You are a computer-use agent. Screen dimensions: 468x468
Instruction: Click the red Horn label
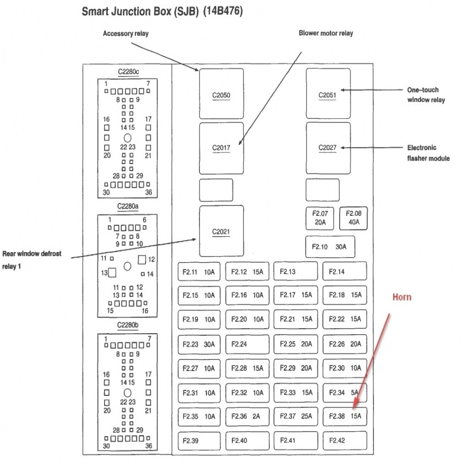pyautogui.click(x=401, y=297)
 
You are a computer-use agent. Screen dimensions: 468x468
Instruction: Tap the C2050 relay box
pyautogui.click(x=221, y=94)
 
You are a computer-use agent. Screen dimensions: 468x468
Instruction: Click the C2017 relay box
pyautogui.click(x=221, y=148)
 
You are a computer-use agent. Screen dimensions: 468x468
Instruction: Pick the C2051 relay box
pyautogui.click(x=328, y=94)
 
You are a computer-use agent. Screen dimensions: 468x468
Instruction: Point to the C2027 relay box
pyautogui.click(x=328, y=148)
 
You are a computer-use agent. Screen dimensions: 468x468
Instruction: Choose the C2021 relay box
pyautogui.click(x=221, y=231)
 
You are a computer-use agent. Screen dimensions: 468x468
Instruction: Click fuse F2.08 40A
pyautogui.click(x=354, y=218)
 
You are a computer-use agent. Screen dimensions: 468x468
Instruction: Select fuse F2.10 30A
pyautogui.click(x=329, y=247)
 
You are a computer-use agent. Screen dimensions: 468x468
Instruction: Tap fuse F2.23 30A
pyautogui.click(x=199, y=344)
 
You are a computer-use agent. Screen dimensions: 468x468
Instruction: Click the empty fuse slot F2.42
pyautogui.click(x=345, y=440)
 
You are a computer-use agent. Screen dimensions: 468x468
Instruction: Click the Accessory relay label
pyautogui.click(x=126, y=34)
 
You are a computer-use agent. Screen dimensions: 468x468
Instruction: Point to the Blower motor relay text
pyautogui.click(x=325, y=34)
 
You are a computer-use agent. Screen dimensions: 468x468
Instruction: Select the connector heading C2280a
pyautogui.click(x=128, y=206)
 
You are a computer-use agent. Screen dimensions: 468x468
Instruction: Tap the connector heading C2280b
pyautogui.click(x=128, y=325)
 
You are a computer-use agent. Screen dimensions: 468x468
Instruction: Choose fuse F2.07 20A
pyautogui.click(x=320, y=218)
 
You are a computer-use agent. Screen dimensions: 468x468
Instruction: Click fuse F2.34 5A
pyautogui.click(x=345, y=393)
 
